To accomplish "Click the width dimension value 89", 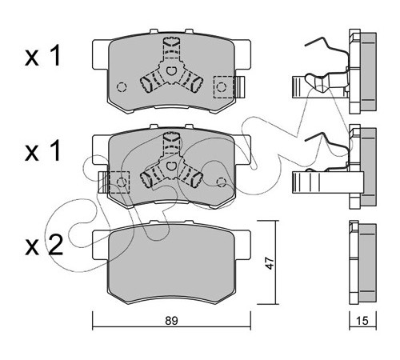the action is [x=171, y=321].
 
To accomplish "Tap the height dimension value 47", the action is [x=270, y=263].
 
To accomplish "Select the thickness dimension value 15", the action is [x=362, y=321].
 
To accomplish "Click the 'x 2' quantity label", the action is [x=44, y=245].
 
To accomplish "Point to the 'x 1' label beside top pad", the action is [x=42, y=56].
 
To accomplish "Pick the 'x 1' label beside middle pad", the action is [x=42, y=151].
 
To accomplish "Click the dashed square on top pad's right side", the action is [x=223, y=87].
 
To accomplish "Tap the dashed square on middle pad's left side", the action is [x=119, y=182].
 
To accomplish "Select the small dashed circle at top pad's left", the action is [x=122, y=87].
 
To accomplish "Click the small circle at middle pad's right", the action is [x=222, y=182].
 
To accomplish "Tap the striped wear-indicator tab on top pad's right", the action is [x=239, y=87].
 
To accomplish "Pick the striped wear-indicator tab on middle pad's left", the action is [x=103, y=182].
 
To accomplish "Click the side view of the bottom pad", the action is [x=362, y=262].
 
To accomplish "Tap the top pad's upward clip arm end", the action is [x=306, y=46].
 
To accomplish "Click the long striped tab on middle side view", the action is [x=328, y=182].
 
